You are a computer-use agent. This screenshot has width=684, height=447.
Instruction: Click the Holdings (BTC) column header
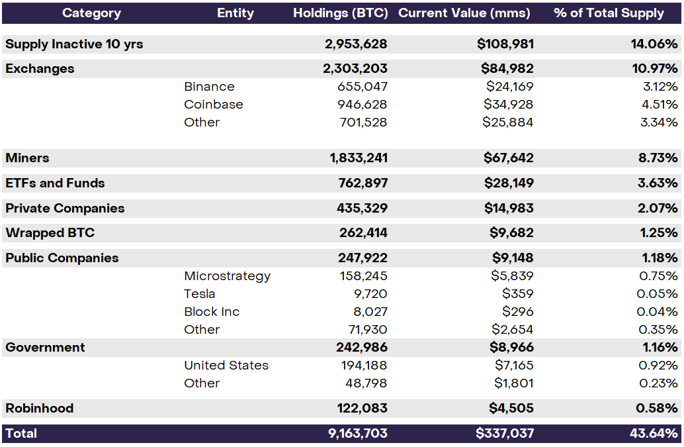point(341,13)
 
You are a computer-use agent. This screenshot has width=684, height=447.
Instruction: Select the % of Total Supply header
point(609,13)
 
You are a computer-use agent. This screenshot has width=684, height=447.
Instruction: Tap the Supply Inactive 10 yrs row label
point(74,44)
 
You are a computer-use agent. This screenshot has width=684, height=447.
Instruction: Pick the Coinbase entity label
point(214,105)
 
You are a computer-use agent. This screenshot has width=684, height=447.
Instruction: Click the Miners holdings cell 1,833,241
point(359,158)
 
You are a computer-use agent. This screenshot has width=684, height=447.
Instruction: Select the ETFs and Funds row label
point(55,183)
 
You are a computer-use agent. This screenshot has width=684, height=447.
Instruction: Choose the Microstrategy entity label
point(227,276)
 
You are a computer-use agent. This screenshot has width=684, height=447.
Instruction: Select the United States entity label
point(226,366)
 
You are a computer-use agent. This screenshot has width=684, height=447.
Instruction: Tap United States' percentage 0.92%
point(658,366)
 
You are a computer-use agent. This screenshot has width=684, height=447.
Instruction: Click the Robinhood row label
point(39,409)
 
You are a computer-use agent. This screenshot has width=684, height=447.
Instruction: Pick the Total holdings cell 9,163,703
point(358,434)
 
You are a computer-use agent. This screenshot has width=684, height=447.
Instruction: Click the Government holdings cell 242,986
point(362,348)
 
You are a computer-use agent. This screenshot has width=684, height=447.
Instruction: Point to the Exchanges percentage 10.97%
point(654,69)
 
